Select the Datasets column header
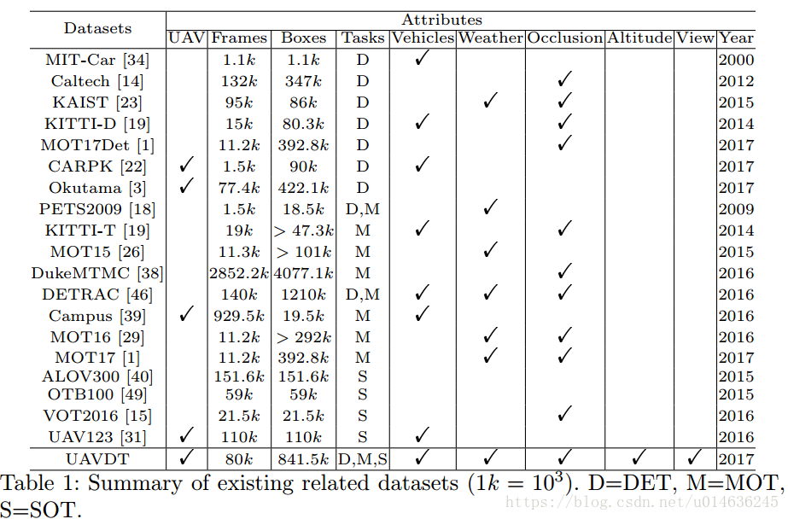point(97,28)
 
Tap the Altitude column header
point(639,38)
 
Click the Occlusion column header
point(564,38)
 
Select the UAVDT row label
point(97,459)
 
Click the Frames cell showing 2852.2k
point(239,273)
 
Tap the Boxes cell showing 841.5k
point(304,459)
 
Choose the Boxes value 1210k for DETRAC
point(304,294)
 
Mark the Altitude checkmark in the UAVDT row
point(639,457)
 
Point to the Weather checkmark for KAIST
point(490,100)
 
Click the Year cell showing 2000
point(736,61)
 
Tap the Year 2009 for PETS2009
point(736,209)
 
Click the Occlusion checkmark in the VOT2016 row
point(563,414)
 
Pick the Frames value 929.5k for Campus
point(239,316)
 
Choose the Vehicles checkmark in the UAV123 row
point(422,435)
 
